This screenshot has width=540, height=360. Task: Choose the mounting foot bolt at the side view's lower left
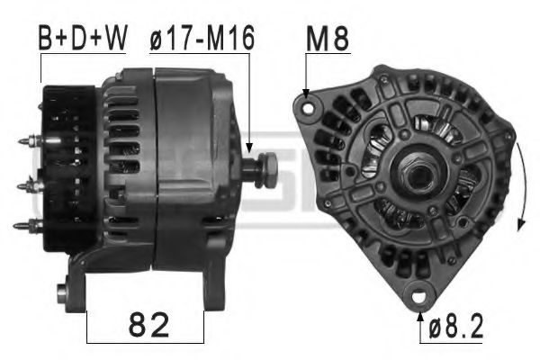62,292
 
